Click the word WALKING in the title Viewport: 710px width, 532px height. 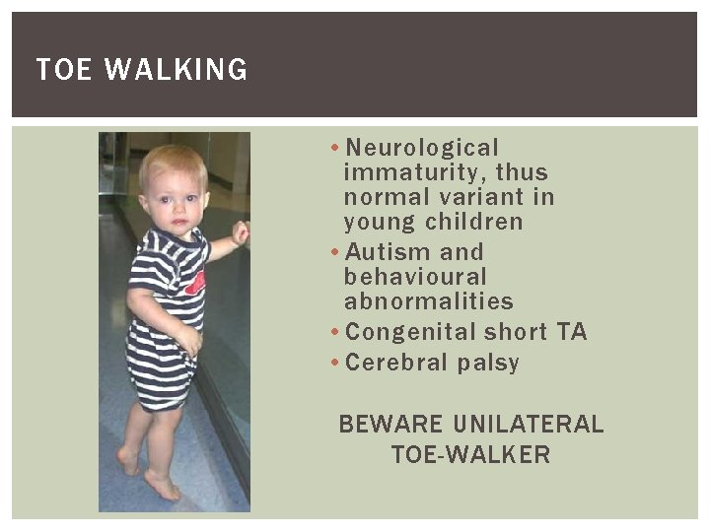click(176, 70)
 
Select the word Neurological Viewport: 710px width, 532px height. click(423, 148)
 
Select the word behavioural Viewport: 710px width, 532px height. click(415, 277)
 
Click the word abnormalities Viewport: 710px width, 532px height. click(429, 301)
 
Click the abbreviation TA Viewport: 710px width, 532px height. click(572, 332)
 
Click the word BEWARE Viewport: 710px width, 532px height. click(391, 425)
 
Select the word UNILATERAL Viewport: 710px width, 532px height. click(529, 425)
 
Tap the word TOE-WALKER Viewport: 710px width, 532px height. click(470, 454)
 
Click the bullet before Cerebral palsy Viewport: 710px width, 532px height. click(336, 363)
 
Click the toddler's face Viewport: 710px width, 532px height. click(175, 201)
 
